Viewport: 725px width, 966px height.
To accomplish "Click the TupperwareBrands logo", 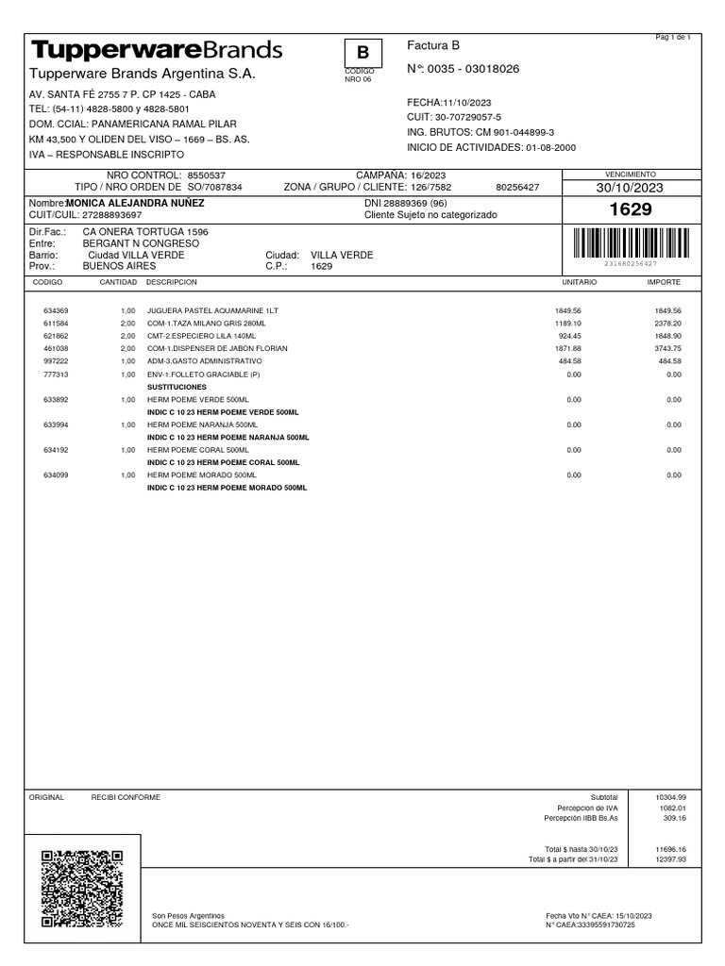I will pyautogui.click(x=157, y=49).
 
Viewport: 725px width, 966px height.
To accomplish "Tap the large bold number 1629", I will pyautogui.click(x=631, y=209).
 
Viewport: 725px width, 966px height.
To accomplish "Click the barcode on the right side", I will pyautogui.click(x=630, y=242).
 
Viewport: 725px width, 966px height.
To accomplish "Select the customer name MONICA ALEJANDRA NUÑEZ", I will pyautogui.click(x=136, y=203).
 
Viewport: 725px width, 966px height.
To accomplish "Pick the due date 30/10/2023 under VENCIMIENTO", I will pyautogui.click(x=630, y=188).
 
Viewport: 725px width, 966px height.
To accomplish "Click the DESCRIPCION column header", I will pyautogui.click(x=172, y=282).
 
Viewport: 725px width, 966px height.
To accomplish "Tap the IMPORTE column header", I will pyautogui.click(x=663, y=282).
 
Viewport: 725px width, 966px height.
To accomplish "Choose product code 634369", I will pyautogui.click(x=56, y=310).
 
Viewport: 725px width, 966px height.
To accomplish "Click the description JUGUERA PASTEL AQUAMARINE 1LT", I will pyautogui.click(x=213, y=310).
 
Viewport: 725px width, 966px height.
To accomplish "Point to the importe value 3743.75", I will pyautogui.click(x=666, y=348).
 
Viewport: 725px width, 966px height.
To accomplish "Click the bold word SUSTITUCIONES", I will pyautogui.click(x=177, y=387).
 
